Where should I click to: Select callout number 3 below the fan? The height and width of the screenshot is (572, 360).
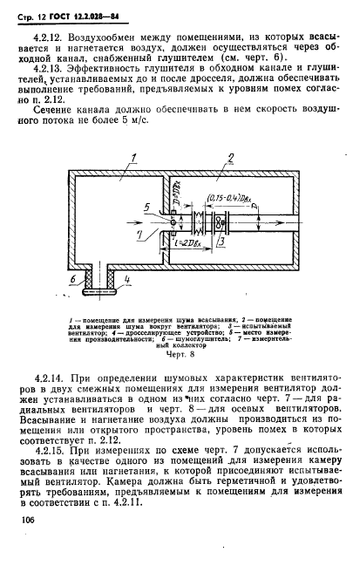223,242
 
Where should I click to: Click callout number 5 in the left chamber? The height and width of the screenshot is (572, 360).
149,207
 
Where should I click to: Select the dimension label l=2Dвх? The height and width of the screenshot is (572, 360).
183,243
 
